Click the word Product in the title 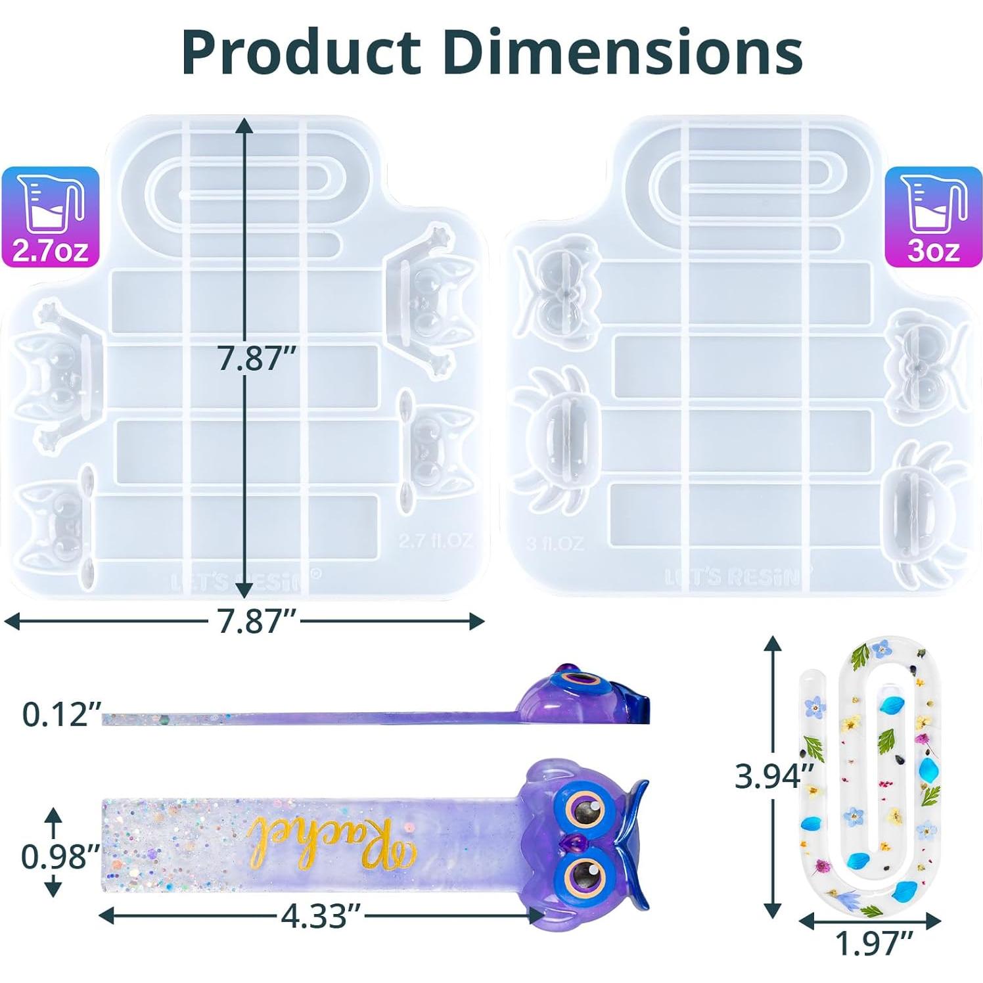[301, 53]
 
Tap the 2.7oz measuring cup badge [50, 217]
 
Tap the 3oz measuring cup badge [933, 217]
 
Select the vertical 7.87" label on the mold [257, 359]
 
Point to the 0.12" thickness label [60, 714]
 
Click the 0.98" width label [59, 856]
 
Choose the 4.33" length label [321, 915]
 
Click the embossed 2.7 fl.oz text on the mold [435, 540]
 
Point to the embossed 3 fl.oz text [555, 543]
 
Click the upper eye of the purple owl [581, 811]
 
